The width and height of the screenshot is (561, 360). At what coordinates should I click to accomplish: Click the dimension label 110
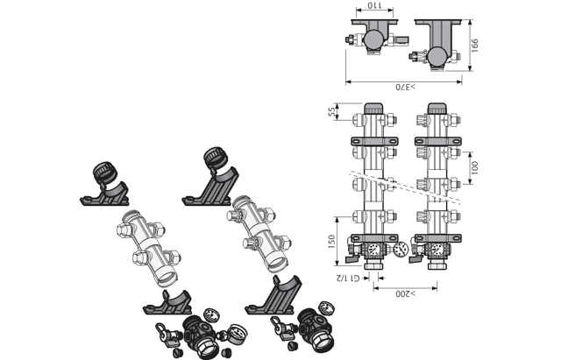pos(374,5)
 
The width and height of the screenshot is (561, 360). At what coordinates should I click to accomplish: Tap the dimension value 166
pos(474,46)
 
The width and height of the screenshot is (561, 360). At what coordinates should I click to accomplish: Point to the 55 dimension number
pos(331,111)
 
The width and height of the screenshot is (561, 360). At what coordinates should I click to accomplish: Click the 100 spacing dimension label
pos(474,167)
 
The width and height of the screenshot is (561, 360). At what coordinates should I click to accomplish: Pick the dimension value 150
pos(331,241)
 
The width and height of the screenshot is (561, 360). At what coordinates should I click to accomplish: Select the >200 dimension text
pos(406,293)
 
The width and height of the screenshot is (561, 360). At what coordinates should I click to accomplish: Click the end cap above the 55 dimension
pos(373,109)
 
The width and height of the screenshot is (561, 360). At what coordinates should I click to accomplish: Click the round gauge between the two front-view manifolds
pos(401,249)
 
